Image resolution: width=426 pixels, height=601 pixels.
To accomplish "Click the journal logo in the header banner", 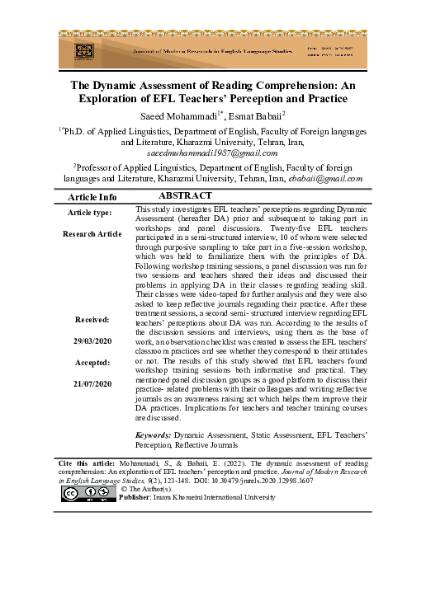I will tap(83, 49).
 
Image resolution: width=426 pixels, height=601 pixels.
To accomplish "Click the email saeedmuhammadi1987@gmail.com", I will tap(214, 153).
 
